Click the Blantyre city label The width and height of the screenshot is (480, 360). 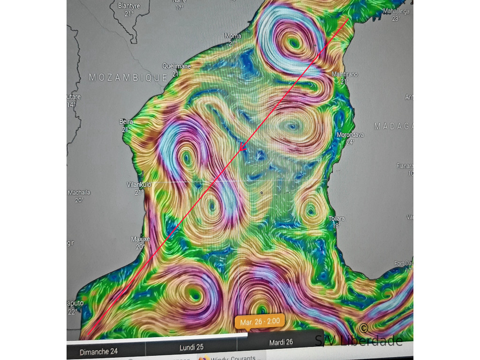click(129, 6)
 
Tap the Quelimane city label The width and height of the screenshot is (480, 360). click(176, 67)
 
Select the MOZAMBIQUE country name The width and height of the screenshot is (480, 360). click(128, 77)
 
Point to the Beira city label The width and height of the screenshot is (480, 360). click(126, 122)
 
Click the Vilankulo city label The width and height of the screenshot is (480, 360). click(139, 185)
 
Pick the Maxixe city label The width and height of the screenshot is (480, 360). click(140, 240)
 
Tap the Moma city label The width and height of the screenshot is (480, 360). click(233, 36)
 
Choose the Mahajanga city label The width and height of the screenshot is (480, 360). click(396, 11)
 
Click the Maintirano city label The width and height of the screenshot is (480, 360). click(345, 75)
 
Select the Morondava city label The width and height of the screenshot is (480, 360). click(350, 135)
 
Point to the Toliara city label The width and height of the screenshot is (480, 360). click(337, 219)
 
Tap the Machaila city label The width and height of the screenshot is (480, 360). click(79, 193)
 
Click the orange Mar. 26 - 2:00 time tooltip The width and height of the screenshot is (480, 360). click(260, 322)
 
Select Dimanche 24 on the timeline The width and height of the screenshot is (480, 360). click(98, 352)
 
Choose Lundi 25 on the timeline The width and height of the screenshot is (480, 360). click(191, 347)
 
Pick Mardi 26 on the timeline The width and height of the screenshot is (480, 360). click(281, 342)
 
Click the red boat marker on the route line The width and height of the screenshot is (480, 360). click(242, 147)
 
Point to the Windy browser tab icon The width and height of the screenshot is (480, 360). click(204, 359)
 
